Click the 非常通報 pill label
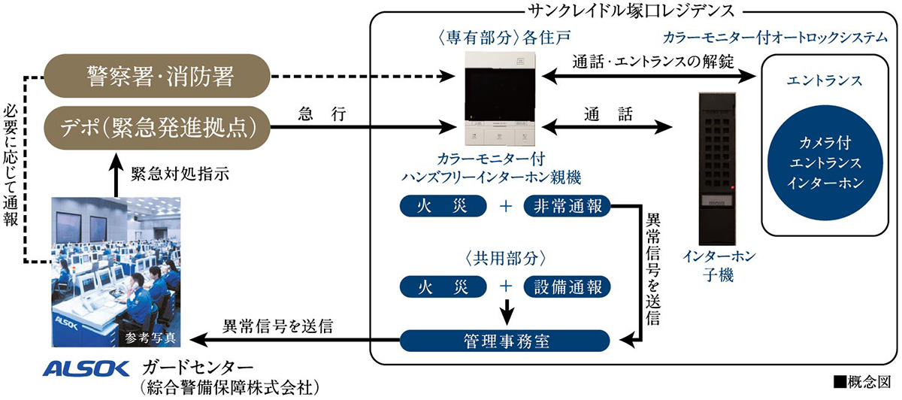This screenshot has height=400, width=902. [567, 205]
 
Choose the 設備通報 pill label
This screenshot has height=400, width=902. [567, 286]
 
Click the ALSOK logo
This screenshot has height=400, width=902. [87, 368]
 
